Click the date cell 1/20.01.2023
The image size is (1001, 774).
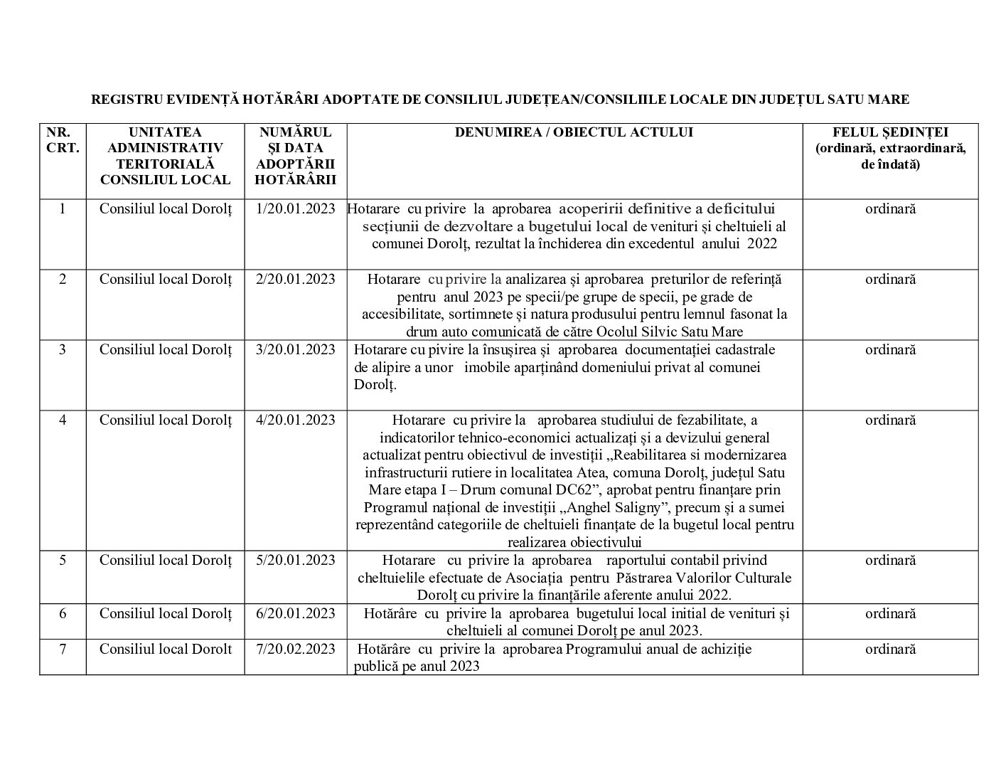[295, 209]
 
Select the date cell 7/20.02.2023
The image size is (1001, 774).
[295, 649]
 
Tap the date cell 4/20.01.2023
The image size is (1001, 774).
[295, 420]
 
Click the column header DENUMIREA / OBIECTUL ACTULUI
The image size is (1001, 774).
[574, 132]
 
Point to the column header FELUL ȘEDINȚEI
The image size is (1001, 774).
[890, 132]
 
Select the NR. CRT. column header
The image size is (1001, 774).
[63, 140]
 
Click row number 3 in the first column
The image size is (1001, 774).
[63, 349]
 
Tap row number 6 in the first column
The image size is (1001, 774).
[63, 613]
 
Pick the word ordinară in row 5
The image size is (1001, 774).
[890, 561]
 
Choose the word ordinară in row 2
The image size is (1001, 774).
[890, 279]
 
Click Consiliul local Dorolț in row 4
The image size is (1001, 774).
[166, 420]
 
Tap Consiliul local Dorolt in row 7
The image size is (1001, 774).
[166, 649]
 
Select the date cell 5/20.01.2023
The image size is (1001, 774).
[295, 561]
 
